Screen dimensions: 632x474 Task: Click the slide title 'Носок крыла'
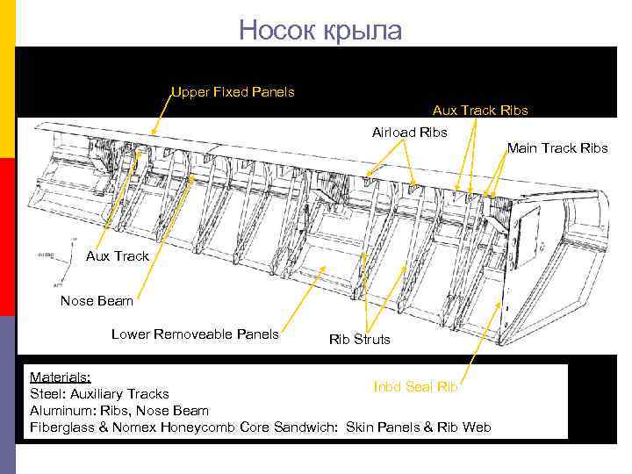click(x=320, y=31)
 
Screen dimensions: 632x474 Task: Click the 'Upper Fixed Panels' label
click(x=233, y=91)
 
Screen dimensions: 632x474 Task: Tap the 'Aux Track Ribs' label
click(x=479, y=111)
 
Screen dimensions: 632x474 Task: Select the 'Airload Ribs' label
click(x=409, y=133)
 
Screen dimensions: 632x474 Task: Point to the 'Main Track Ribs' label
click(x=557, y=147)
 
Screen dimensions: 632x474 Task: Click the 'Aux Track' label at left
click(x=117, y=255)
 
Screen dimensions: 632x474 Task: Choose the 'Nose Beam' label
click(x=97, y=301)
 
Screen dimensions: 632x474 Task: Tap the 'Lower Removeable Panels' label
click(x=195, y=334)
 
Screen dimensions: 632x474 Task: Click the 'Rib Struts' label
click(x=359, y=339)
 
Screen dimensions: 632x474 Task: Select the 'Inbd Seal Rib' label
click(x=416, y=385)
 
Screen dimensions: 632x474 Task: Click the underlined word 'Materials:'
click(x=60, y=375)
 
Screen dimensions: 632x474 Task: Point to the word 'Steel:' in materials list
click(x=48, y=393)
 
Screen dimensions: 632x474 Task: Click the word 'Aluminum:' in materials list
click(x=61, y=410)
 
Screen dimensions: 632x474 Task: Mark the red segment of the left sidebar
click(x=7, y=237)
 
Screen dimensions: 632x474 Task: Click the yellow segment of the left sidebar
click(x=7, y=79)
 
